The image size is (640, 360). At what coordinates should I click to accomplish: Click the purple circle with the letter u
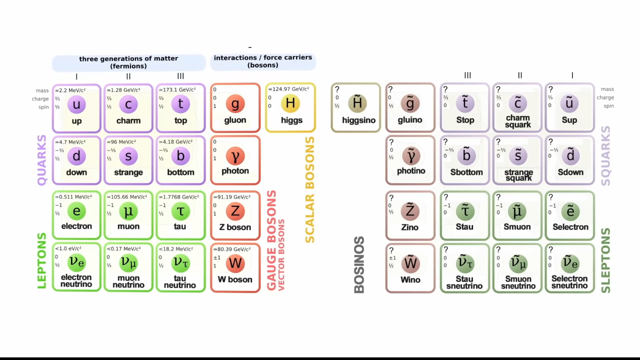point(76,104)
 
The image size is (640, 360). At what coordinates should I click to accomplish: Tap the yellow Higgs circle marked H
point(290,103)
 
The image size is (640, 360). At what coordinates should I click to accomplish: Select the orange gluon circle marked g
point(235,104)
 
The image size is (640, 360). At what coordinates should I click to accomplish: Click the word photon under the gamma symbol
point(235,171)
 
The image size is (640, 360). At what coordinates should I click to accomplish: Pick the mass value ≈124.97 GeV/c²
point(288,89)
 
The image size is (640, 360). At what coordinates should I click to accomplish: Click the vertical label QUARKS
point(42,160)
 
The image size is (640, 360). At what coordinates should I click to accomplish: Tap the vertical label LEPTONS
point(42,260)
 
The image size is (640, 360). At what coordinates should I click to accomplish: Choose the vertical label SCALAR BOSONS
point(310,190)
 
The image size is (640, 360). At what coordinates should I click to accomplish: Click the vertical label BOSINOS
point(359,265)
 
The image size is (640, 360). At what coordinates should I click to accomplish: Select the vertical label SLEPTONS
point(605,260)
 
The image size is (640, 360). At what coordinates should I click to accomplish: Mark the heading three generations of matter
point(128,62)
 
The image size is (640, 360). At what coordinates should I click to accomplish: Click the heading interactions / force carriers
point(263,61)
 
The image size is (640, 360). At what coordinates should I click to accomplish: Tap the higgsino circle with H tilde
point(357,103)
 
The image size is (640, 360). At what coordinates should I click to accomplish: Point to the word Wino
point(410,280)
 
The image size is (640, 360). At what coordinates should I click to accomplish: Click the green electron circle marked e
point(76,211)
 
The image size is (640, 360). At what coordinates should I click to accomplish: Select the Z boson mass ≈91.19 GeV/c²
point(232,197)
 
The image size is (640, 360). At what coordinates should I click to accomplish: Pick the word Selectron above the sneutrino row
point(570,227)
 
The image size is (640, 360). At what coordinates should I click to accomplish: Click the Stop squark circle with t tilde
point(465,103)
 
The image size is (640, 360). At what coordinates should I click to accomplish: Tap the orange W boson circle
point(235,263)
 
